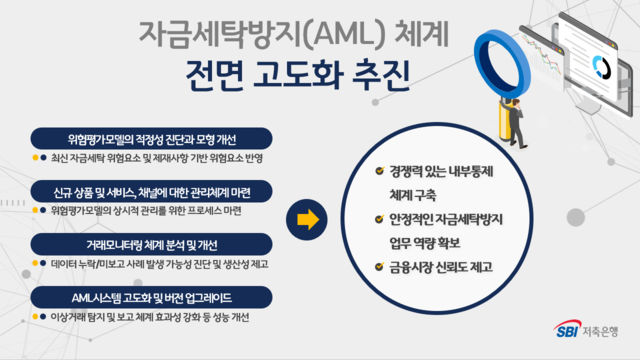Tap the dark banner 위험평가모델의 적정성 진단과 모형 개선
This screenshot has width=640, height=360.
pyautogui.click(x=150, y=138)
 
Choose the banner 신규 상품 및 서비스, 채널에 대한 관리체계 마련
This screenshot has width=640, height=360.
pyautogui.click(x=150, y=191)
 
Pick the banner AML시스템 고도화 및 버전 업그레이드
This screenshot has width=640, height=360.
pyautogui.click(x=150, y=298)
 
